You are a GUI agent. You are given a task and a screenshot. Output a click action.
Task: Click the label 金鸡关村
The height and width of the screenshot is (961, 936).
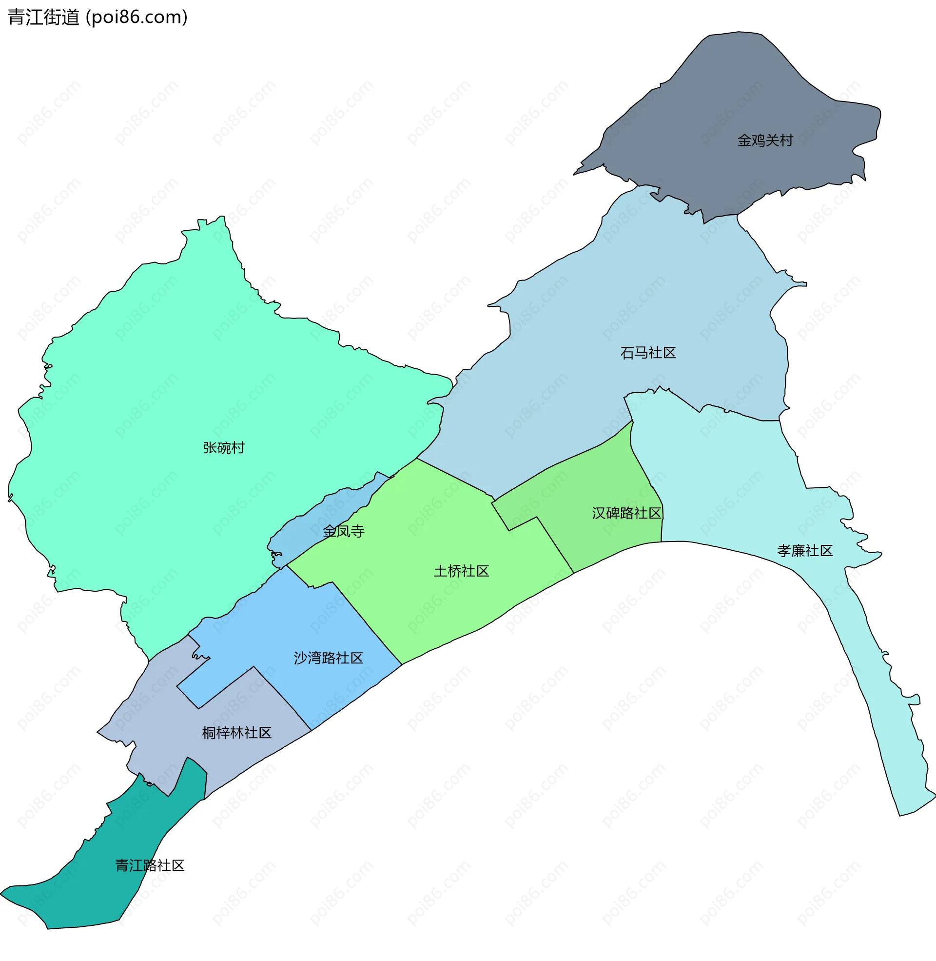765,140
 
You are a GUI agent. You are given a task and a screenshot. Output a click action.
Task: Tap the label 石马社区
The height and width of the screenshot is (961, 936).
648,353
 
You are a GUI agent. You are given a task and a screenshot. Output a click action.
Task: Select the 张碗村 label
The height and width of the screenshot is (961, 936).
224,447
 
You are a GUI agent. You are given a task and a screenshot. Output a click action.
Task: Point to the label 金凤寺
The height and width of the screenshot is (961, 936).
344,531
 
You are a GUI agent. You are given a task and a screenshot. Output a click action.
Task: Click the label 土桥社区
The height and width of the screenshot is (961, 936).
461,571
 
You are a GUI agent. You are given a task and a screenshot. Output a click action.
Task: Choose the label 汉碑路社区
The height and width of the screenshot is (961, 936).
626,513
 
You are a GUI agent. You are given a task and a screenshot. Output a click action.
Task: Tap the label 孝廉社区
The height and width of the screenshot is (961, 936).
805,550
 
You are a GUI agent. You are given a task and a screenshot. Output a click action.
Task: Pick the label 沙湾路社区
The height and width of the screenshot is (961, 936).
328,658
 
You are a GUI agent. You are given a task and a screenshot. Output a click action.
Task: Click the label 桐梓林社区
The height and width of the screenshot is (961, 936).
236,733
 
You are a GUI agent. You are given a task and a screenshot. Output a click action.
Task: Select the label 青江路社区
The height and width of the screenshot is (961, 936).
150,865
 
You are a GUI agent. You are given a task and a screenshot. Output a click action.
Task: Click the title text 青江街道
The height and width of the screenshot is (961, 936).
43,17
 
